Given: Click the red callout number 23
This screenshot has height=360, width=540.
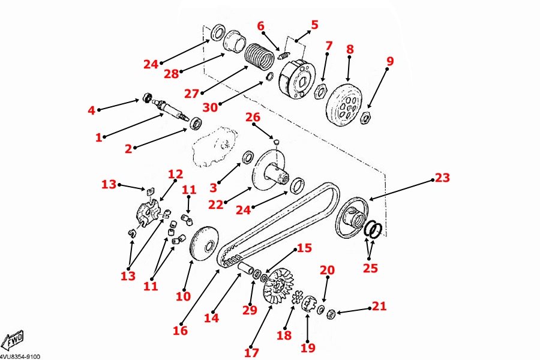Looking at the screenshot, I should [x=442, y=178].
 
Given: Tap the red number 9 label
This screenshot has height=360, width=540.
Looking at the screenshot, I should [x=390, y=61].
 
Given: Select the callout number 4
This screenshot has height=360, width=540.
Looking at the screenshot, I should [x=91, y=110].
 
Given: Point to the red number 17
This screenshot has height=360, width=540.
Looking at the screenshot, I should [x=252, y=352].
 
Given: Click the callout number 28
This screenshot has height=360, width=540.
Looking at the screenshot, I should [x=172, y=73].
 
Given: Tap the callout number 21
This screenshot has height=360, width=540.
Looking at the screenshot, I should [x=379, y=306].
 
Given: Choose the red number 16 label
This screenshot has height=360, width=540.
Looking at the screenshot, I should [x=180, y=330].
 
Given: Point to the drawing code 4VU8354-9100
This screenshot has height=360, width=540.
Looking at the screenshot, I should [x=20, y=356].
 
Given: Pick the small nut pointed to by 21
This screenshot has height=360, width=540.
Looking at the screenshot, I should [x=331, y=313].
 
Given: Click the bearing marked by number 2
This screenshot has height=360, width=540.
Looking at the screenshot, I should [x=196, y=124].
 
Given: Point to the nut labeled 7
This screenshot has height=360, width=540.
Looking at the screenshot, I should [x=320, y=91].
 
